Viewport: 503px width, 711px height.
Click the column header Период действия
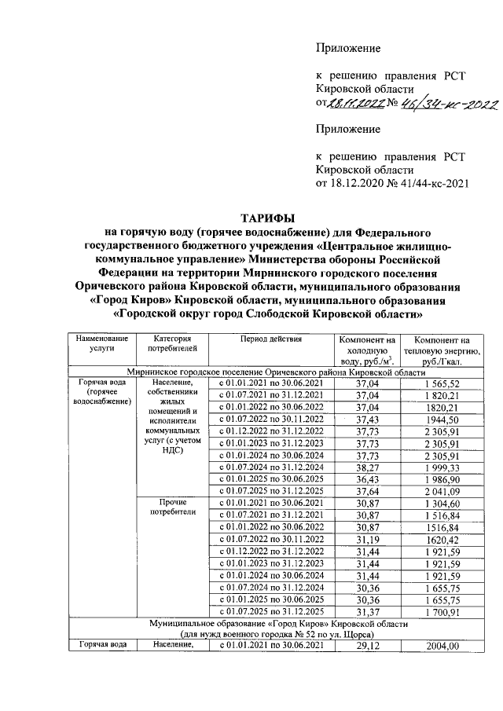269,339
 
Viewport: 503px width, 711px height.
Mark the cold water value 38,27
368,470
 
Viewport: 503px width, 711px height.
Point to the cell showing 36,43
368,482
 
